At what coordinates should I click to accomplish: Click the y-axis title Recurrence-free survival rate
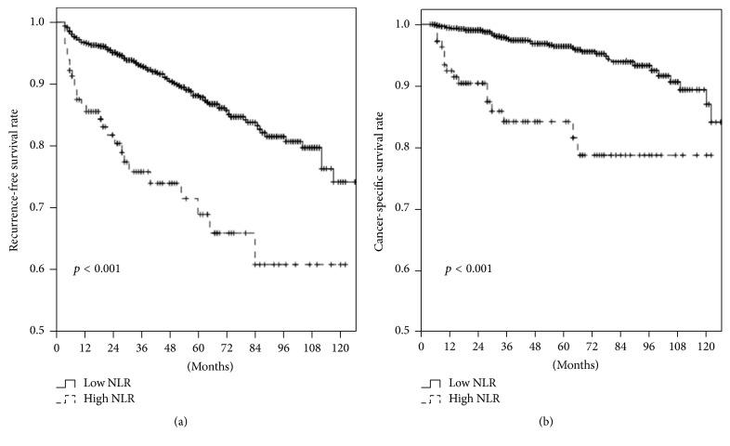point(15,174)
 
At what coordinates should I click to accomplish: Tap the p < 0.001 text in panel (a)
point(97,269)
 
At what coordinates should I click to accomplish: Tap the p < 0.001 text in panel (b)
point(468,269)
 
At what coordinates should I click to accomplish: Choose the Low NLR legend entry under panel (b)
point(473,384)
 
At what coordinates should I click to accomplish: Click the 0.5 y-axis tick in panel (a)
point(42,331)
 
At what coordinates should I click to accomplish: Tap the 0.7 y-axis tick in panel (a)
point(42,208)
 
